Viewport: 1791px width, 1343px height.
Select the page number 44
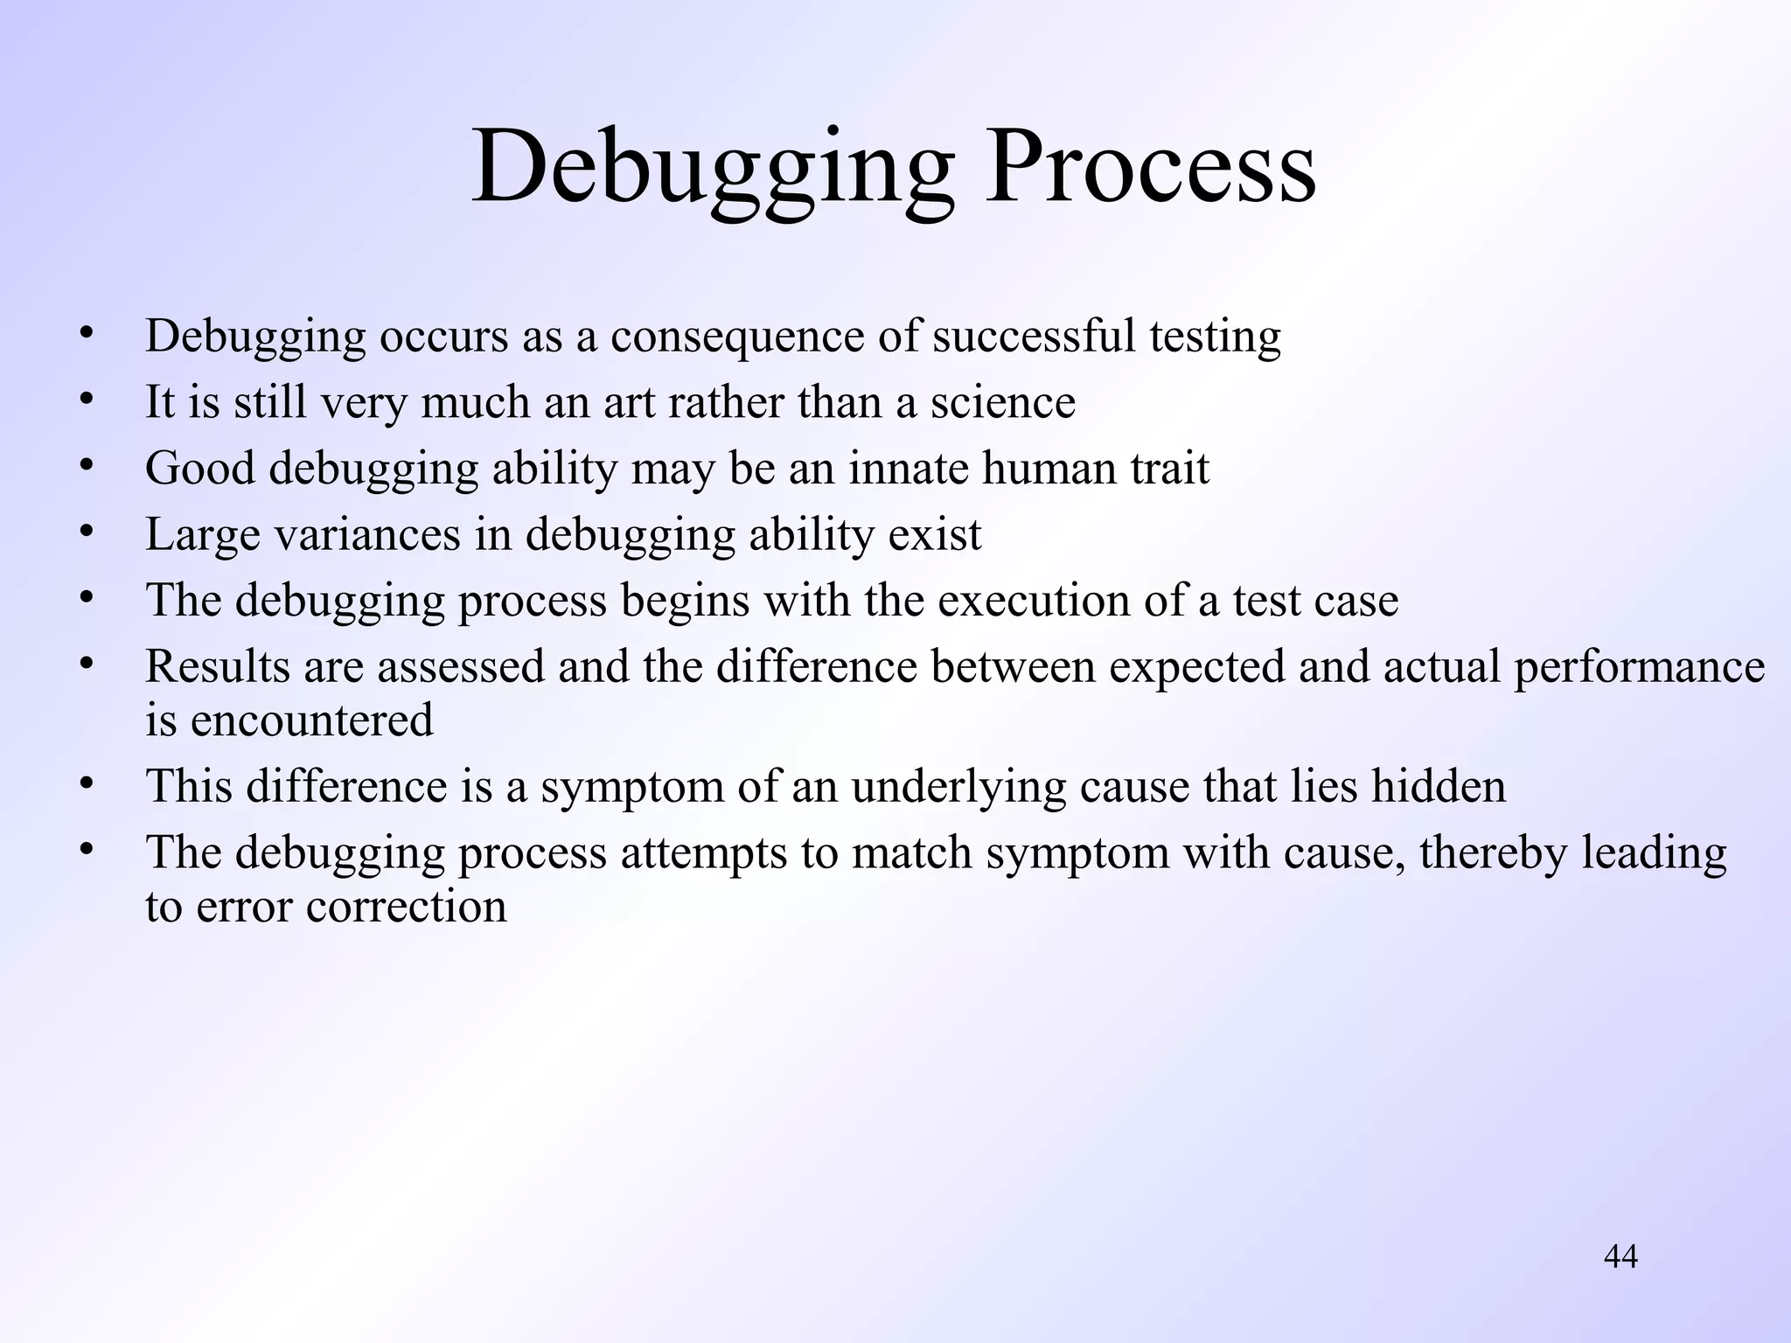pyautogui.click(x=1620, y=1256)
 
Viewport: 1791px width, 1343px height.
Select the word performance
pyautogui.click(x=1639, y=669)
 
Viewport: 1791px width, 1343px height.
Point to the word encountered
pyautogui.click(x=311, y=721)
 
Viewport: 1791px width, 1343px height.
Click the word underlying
pyautogui.click(x=958, y=788)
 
